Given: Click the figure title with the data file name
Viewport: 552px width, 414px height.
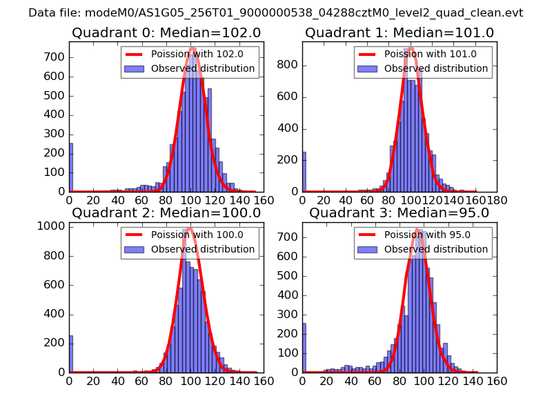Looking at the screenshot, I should point(276,13).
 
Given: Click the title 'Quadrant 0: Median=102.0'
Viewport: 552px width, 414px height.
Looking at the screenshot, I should point(166,33).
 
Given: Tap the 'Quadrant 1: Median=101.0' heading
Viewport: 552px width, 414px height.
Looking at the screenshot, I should point(400,33).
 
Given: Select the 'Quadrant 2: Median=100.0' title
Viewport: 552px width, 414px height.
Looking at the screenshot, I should point(166,213).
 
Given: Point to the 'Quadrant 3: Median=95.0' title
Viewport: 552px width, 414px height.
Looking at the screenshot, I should point(400,213).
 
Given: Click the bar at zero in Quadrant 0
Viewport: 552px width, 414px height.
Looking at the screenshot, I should point(70,168).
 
